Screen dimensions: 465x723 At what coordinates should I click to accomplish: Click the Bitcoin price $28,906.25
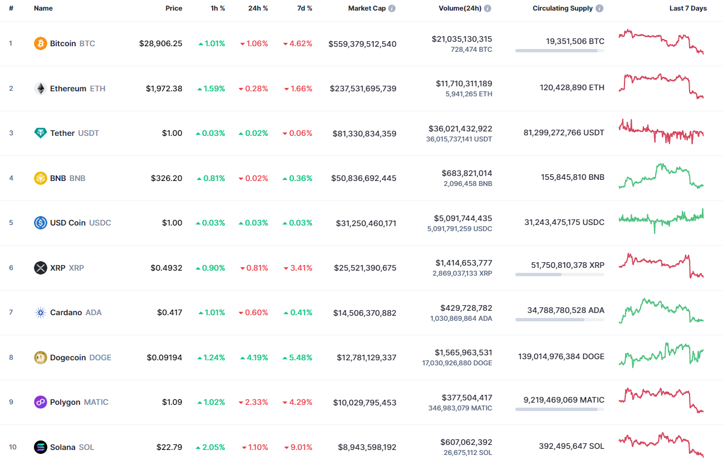(x=160, y=43)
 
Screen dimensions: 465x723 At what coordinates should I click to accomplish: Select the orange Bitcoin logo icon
(x=41, y=43)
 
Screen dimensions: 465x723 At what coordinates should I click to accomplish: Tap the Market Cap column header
(x=367, y=8)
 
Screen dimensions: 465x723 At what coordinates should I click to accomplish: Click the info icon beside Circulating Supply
(x=599, y=8)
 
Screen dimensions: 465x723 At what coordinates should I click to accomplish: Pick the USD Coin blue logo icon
(x=41, y=223)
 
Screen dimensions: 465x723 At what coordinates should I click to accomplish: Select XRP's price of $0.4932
(x=166, y=268)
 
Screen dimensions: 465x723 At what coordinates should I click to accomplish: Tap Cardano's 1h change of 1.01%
(x=212, y=312)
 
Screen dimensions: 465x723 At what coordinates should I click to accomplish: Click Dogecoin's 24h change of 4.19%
(x=254, y=358)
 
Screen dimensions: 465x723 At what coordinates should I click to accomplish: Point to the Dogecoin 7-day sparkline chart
(x=661, y=355)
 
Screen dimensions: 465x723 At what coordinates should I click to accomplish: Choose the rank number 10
(x=12, y=447)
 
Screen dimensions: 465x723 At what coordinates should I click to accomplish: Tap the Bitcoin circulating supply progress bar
(x=559, y=51)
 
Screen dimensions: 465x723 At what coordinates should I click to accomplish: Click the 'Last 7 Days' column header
(x=688, y=8)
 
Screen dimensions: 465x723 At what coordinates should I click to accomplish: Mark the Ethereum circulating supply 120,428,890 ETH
(x=572, y=87)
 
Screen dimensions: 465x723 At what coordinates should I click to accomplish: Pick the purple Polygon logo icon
(x=41, y=402)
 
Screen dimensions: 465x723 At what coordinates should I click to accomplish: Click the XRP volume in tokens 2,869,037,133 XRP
(x=462, y=273)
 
